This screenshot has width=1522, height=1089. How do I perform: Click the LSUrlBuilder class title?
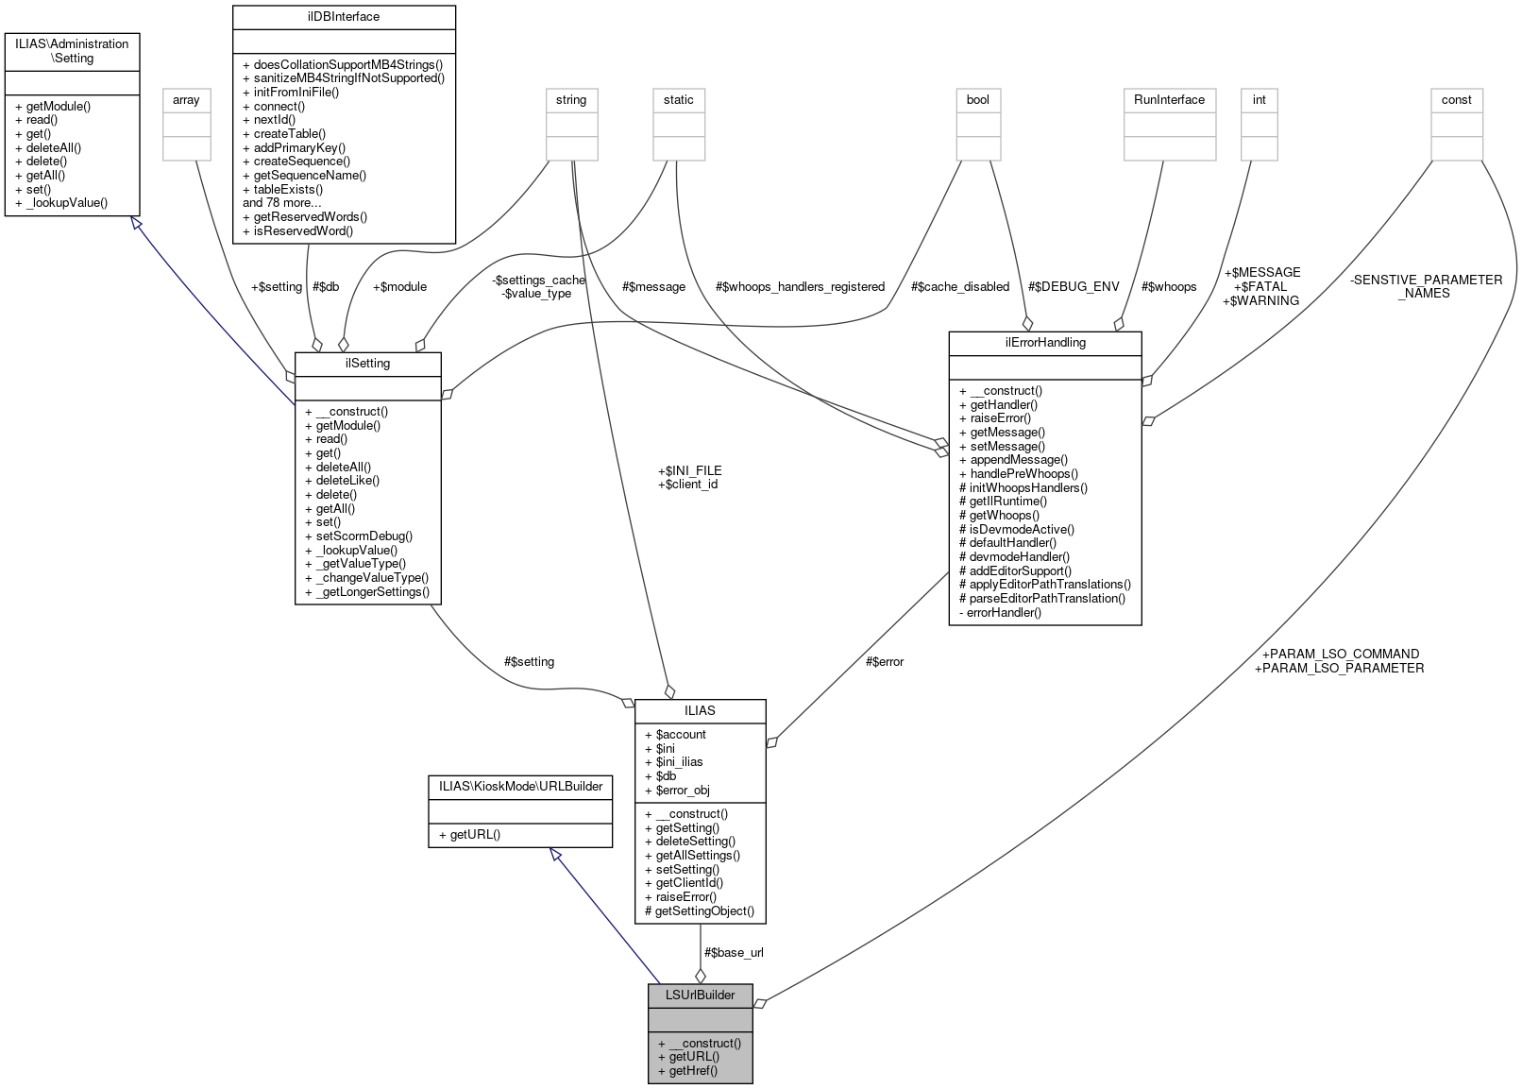coord(700,995)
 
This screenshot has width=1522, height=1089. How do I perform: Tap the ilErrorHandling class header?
coord(1044,343)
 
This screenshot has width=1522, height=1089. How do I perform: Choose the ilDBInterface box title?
coord(344,16)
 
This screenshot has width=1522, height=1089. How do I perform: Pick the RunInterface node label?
coord(1169,99)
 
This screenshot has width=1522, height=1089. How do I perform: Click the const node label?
coord(1456,99)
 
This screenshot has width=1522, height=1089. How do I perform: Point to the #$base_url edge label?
coord(734,952)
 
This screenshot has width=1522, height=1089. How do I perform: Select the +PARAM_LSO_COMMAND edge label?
coord(1340,654)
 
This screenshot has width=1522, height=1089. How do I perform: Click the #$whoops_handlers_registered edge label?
coord(800,286)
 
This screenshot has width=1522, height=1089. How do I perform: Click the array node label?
coord(186,99)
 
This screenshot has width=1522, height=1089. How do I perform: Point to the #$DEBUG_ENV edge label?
coord(1073,286)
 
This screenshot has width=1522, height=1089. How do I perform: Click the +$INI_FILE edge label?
coord(689,470)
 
